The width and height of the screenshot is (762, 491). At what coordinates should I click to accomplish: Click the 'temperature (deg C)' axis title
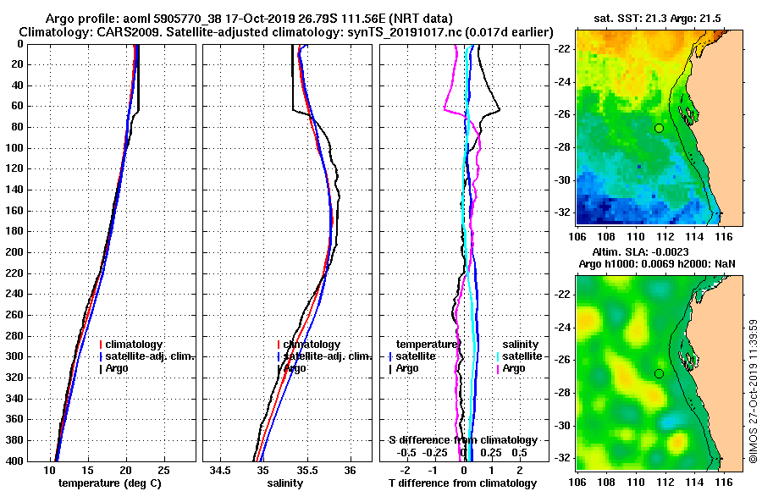pyautogui.click(x=109, y=483)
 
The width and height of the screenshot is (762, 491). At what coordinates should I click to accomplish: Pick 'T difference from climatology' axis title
pyautogui.click(x=463, y=483)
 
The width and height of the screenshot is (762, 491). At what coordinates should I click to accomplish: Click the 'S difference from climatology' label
pyautogui.click(x=463, y=440)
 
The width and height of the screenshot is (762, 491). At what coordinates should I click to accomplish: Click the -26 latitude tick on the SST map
pyautogui.click(x=562, y=114)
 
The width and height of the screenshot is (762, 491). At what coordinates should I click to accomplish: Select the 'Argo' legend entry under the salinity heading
pyautogui.click(x=514, y=368)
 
